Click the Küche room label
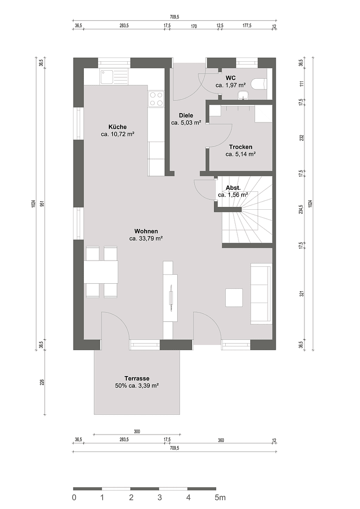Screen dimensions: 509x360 [117, 127]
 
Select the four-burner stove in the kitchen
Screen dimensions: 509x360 [156, 99]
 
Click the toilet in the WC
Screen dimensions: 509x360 [259, 84]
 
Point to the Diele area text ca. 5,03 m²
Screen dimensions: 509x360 [186, 123]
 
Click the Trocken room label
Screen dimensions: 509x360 [240, 147]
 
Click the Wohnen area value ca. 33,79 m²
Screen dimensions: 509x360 [146, 238]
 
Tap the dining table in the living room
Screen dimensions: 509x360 [101, 272]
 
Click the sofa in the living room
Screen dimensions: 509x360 [261, 294]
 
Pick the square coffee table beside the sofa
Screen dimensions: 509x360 [234, 297]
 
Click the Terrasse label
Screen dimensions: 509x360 [137, 378]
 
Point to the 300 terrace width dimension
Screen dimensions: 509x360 [137, 431]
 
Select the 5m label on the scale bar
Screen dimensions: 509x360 [220, 497]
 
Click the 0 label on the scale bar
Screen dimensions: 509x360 [74, 497]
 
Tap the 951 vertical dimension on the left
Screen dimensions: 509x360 [41, 204]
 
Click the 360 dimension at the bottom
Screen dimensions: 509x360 [221, 440]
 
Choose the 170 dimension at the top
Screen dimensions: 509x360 [194, 26]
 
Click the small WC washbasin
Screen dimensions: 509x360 [243, 96]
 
